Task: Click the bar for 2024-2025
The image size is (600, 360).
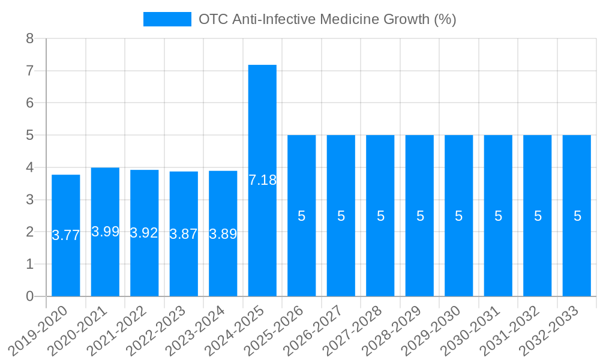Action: click(262, 180)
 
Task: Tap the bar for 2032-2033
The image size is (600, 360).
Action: click(577, 215)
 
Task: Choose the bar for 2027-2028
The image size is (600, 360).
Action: click(380, 215)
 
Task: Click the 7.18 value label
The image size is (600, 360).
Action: click(262, 180)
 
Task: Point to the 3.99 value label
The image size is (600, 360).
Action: click(105, 232)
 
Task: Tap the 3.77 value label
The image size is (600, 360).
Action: click(66, 235)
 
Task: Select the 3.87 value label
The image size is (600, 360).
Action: click(184, 234)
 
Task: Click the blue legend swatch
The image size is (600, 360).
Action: click(167, 19)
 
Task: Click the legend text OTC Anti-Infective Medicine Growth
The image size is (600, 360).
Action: click(327, 19)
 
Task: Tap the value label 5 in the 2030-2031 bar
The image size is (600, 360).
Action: click(498, 216)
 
